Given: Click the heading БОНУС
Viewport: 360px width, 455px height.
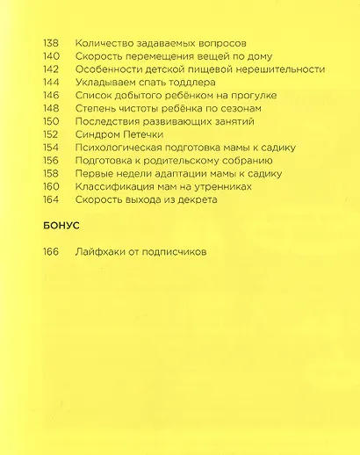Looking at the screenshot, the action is point(61,227).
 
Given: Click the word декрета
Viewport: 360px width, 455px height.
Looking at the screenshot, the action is point(194,200).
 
